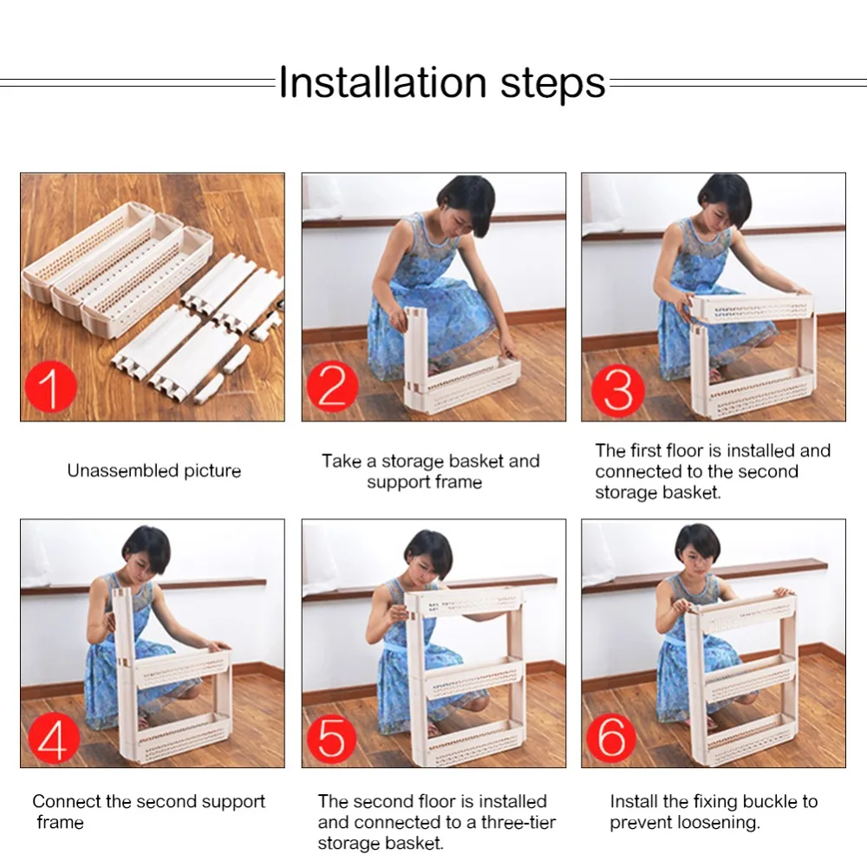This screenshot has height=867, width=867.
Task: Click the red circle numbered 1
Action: [x=51, y=387]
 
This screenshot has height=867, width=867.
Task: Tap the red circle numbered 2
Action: [x=333, y=387]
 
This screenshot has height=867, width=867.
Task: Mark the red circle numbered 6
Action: [x=612, y=737]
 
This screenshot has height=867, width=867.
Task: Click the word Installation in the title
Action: [x=382, y=82]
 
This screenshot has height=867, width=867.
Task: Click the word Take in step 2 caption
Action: [x=341, y=460]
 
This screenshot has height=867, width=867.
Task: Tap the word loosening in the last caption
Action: [x=720, y=824]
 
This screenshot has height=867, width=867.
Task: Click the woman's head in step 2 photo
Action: [x=466, y=205]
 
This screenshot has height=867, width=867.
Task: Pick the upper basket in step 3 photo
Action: [x=752, y=310]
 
